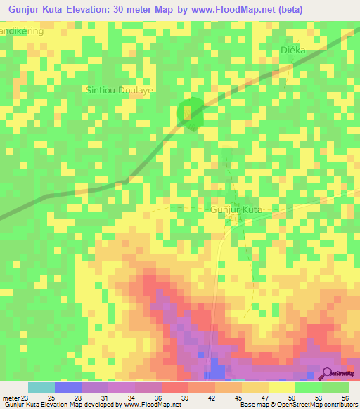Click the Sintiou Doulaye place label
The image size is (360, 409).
119,91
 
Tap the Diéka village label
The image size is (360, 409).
292,51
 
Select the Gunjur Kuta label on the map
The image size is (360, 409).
236,210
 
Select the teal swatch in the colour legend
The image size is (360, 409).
41,387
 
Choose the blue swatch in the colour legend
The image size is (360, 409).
67,387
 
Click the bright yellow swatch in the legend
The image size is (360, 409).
281,387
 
